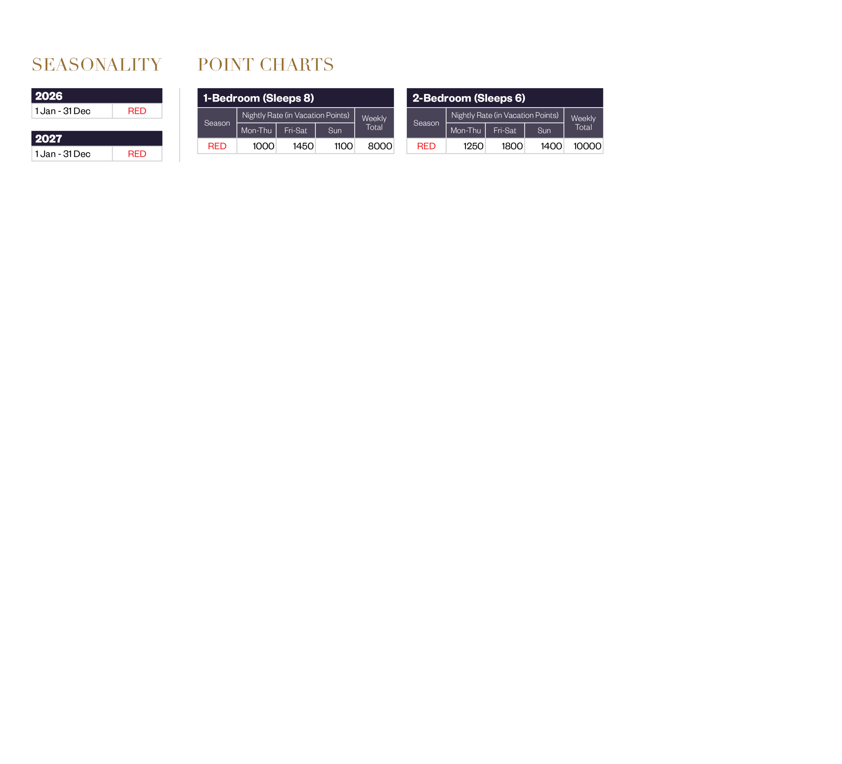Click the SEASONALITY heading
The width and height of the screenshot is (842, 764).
[x=96, y=65]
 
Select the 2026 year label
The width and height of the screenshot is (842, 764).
[x=49, y=96]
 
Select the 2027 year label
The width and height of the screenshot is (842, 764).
[x=48, y=139]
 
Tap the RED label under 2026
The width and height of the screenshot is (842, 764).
[x=137, y=111]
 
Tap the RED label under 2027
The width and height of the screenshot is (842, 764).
[x=137, y=154]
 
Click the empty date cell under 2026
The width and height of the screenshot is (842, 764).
[x=72, y=111]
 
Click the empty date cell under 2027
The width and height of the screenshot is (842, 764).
[x=72, y=154]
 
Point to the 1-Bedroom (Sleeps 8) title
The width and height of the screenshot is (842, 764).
[x=259, y=98]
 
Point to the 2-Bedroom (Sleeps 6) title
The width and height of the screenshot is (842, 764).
[x=469, y=98]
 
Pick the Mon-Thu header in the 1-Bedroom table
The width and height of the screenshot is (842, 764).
[x=257, y=131]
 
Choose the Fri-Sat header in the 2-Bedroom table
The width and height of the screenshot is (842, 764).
[x=505, y=131]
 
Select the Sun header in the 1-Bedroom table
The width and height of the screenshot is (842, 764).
[x=335, y=131]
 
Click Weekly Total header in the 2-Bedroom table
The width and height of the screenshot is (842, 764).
[x=583, y=123]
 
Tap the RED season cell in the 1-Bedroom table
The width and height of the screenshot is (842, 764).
[x=217, y=146]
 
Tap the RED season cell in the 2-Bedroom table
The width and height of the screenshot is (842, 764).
[x=427, y=146]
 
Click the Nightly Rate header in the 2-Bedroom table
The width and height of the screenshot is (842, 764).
[x=505, y=115]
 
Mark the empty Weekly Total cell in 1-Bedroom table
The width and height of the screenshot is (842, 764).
[x=374, y=146]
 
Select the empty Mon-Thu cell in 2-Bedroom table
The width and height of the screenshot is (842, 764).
[x=466, y=146]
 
